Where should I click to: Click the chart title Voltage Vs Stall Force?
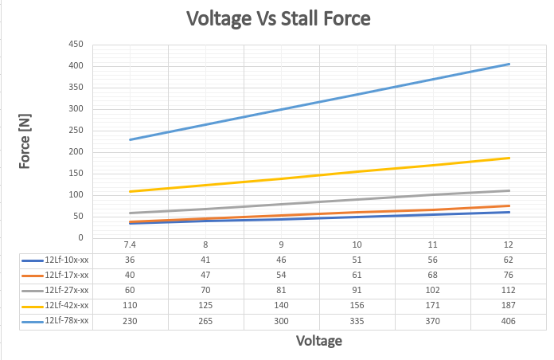point(278,18)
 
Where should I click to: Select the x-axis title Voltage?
point(319,341)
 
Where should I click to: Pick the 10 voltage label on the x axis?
point(357,245)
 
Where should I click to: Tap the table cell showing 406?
point(509,320)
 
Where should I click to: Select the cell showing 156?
point(357,305)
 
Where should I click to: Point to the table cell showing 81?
point(282,290)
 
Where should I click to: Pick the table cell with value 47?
point(206,275)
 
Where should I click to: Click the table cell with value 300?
point(282,320)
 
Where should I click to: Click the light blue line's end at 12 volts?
point(509,64)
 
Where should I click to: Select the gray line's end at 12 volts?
point(509,190)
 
